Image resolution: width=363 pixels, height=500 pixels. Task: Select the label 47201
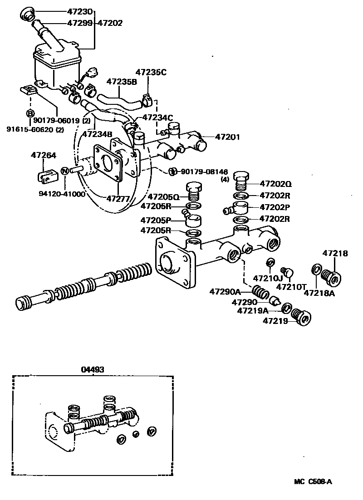pyautogui.click(x=227, y=137)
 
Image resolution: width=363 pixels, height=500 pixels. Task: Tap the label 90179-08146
pyautogui.click(x=206, y=171)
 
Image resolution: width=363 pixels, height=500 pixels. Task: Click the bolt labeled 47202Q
pyautogui.click(x=241, y=181)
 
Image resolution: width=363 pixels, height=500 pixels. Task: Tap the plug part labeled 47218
pyautogui.click(x=330, y=277)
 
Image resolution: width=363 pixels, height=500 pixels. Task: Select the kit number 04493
pyautogui.click(x=93, y=369)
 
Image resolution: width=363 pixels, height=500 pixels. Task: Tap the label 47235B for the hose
pyautogui.click(x=122, y=82)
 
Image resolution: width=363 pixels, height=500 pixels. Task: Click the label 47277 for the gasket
pyautogui.click(x=119, y=198)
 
